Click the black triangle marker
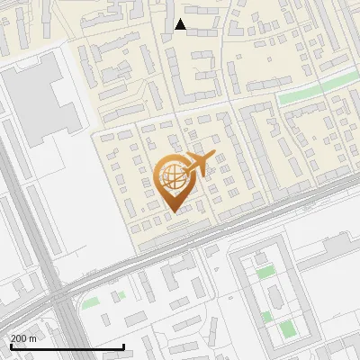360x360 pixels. [180, 24]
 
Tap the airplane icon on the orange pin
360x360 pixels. [199, 164]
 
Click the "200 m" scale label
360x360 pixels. [23, 337]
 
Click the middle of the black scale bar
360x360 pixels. [67, 346]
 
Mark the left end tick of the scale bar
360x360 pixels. [11, 346]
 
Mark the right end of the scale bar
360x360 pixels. [123, 346]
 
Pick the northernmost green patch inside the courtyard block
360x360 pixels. [265, 272]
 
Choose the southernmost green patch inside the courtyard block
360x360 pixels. [286, 329]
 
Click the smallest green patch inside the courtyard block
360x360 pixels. [266, 316]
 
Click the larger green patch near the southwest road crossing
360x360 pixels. [90, 303]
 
